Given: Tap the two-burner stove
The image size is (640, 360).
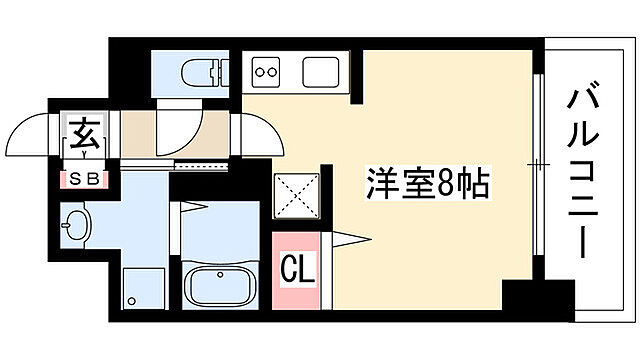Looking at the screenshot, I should click(268, 71).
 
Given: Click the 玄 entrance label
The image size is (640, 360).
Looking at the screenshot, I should click(82, 132).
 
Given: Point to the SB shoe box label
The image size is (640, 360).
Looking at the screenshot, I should click(82, 179).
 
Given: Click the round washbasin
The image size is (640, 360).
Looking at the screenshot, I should click(75, 224).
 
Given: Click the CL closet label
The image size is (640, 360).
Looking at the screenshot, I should click(296, 269).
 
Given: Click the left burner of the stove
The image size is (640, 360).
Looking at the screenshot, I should click(261, 71).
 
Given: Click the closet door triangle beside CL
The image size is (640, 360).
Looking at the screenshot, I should click(345, 238).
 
